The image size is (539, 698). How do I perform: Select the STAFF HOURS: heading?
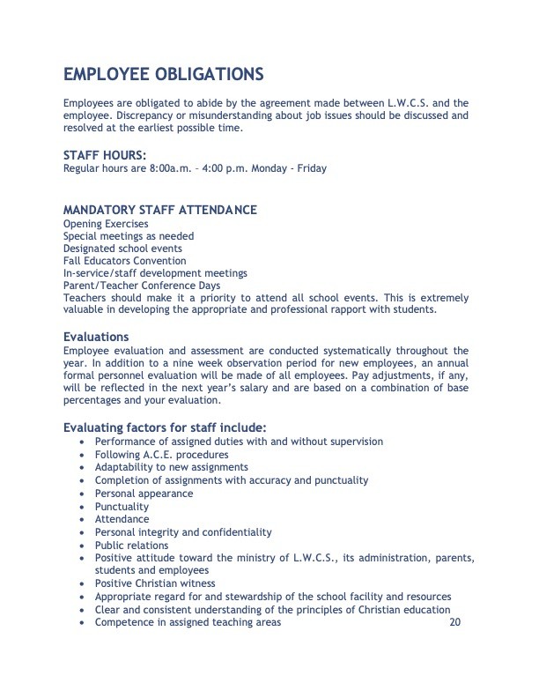(105, 156)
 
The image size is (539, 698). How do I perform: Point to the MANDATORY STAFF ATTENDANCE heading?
(160, 211)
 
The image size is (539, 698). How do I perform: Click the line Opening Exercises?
(106, 224)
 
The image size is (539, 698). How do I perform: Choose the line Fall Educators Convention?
(124, 261)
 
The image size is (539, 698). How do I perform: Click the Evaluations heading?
(96, 337)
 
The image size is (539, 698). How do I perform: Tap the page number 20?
(454, 623)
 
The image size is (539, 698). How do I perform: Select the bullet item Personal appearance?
(144, 494)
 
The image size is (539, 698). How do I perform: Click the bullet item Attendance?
(122, 519)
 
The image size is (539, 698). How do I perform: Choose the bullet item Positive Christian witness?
(154, 583)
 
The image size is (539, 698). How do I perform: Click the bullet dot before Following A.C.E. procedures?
(83, 455)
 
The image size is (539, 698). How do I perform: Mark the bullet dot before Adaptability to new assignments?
(83, 468)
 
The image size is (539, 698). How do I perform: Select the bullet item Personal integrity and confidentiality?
(183, 532)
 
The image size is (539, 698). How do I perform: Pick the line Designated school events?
(122, 249)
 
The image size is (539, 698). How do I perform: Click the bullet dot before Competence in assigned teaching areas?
(83, 623)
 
